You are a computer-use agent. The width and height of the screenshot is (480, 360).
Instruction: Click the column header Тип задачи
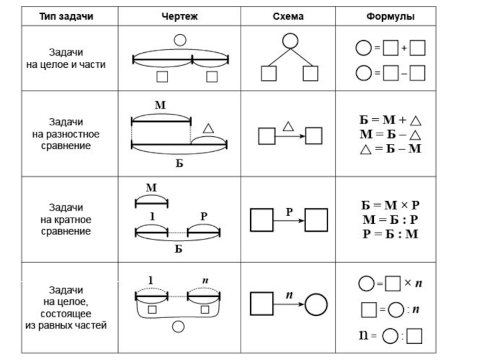point(67,16)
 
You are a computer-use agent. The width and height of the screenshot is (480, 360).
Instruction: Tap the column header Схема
point(289,16)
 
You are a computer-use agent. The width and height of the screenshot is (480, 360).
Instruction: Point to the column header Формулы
point(391,16)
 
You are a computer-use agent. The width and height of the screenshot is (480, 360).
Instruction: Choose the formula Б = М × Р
point(390,205)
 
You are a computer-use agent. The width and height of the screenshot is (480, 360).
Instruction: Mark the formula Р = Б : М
point(390,233)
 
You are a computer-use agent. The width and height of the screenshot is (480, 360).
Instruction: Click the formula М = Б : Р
point(390,220)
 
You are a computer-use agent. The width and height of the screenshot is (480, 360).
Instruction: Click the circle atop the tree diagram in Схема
point(290,40)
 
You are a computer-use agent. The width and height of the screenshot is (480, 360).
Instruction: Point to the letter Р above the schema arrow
point(289,211)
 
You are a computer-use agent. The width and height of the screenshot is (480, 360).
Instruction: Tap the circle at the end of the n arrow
point(315,304)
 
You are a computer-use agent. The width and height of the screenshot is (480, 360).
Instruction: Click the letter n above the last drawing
point(205,280)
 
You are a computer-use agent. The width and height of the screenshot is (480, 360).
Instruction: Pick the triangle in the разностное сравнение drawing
point(208,128)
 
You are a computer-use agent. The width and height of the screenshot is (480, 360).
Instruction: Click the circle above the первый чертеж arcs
point(179,40)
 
